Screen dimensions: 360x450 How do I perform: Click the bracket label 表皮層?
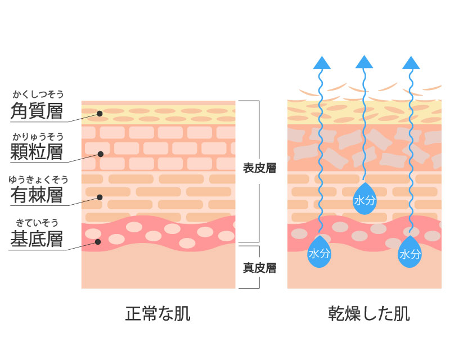(x=259, y=168)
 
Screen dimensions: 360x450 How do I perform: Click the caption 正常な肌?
(x=157, y=313)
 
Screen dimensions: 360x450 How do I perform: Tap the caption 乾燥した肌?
(x=369, y=313)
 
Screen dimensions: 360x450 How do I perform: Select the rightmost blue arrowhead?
(x=411, y=62)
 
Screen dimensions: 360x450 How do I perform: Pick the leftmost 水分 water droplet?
(x=319, y=253)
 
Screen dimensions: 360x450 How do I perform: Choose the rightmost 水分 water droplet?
(x=410, y=253)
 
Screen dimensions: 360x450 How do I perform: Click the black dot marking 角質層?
(x=99, y=114)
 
